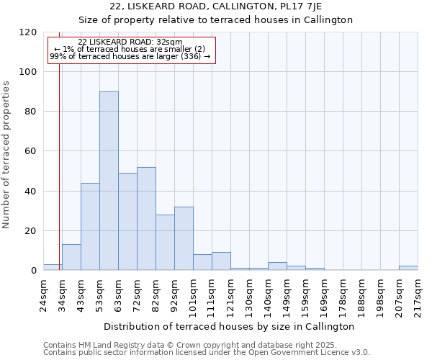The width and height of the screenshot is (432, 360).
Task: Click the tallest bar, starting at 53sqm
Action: point(109,181)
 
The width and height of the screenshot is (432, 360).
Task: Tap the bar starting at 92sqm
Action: point(184,238)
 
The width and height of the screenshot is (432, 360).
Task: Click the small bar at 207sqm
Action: point(408,268)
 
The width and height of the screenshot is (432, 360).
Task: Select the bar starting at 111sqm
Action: point(221,261)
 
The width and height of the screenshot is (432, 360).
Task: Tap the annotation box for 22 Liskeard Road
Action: point(131,50)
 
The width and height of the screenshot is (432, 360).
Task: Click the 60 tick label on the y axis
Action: point(31,151)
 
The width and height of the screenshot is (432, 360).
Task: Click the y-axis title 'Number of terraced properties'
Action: point(6,154)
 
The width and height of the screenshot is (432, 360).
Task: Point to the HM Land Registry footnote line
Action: point(189,345)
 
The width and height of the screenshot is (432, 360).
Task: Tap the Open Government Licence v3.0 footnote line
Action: point(206,353)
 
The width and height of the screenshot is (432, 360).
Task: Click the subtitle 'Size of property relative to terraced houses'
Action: point(215,20)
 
